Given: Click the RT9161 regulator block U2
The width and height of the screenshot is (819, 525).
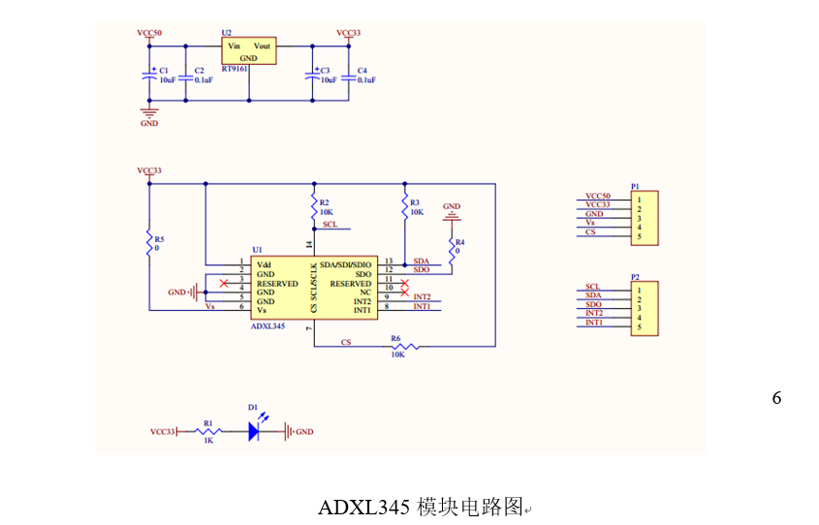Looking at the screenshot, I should click(249, 51).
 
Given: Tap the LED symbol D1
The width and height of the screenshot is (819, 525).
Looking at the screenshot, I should click(255, 431).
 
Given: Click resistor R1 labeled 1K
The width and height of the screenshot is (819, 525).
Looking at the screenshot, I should click(206, 431).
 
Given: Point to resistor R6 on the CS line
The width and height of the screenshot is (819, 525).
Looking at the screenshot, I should click(401, 346).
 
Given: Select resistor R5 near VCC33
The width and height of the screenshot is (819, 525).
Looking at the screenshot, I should click(149, 243).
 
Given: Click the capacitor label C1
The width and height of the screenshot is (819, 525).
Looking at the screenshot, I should click(163, 71).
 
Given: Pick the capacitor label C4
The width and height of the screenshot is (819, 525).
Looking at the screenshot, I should click(362, 71).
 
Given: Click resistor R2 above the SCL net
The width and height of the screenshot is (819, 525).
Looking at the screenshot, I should click(314, 206).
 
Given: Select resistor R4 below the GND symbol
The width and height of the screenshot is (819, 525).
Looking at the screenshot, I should click(452, 248).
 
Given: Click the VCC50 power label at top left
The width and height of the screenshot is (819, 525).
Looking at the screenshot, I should click(149, 33).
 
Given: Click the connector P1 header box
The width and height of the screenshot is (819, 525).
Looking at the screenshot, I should click(645, 215).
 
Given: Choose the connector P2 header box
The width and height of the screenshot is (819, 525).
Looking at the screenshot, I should click(645, 307).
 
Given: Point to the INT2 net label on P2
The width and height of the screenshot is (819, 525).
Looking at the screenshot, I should click(594, 314).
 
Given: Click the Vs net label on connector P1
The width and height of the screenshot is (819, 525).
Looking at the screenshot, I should click(591, 224).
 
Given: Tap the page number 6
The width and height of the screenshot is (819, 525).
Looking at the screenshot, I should click(776, 398).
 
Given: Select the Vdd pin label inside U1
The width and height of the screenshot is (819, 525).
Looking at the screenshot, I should click(265, 263).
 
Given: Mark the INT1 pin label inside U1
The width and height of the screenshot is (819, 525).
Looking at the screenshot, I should click(362, 309).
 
